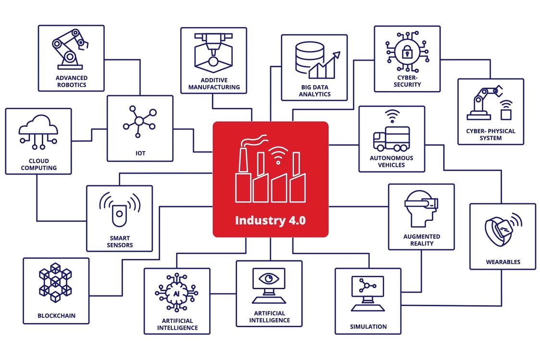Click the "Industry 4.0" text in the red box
(x=270, y=220)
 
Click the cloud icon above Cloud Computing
(x=38, y=127)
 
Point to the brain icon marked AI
(x=176, y=292)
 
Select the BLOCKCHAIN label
(x=56, y=316)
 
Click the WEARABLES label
(x=502, y=262)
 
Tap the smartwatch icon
(x=499, y=230)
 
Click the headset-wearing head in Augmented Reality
(x=420, y=208)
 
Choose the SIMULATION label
(x=368, y=327)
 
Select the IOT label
(x=140, y=154)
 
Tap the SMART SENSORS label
(x=120, y=241)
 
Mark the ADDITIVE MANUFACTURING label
(x=214, y=84)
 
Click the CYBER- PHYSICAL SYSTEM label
(x=490, y=134)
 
